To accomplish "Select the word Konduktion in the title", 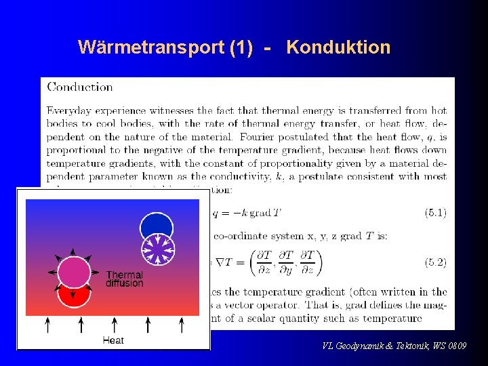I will click(x=338, y=47).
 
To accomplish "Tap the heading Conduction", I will click(x=80, y=87).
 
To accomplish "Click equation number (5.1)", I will click(x=435, y=213).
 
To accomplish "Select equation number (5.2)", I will click(x=435, y=262).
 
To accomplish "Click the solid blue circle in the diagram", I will click(x=157, y=226).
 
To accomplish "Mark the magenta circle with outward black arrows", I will click(x=74, y=272).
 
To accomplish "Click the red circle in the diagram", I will click(x=74, y=296).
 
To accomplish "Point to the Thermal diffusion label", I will click(x=124, y=279).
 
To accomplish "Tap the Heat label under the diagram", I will click(x=113, y=340).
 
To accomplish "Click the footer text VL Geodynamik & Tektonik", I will click(x=394, y=346).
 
